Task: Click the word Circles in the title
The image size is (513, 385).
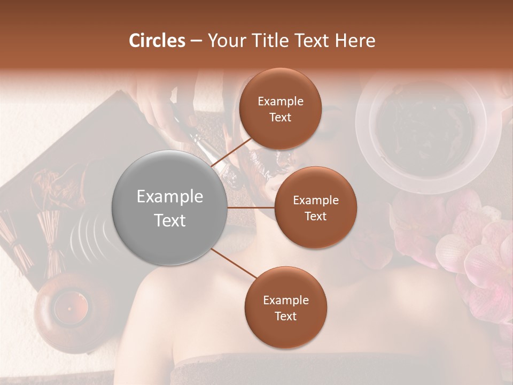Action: click(157, 41)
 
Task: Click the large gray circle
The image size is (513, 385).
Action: click(170, 208)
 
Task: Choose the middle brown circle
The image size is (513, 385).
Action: click(315, 207)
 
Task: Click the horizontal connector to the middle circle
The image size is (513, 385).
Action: click(251, 207)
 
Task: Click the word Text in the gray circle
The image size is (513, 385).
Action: click(170, 220)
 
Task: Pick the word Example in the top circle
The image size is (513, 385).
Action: click(281, 102)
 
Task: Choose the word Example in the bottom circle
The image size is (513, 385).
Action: click(285, 301)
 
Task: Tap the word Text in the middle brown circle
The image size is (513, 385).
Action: click(315, 216)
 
